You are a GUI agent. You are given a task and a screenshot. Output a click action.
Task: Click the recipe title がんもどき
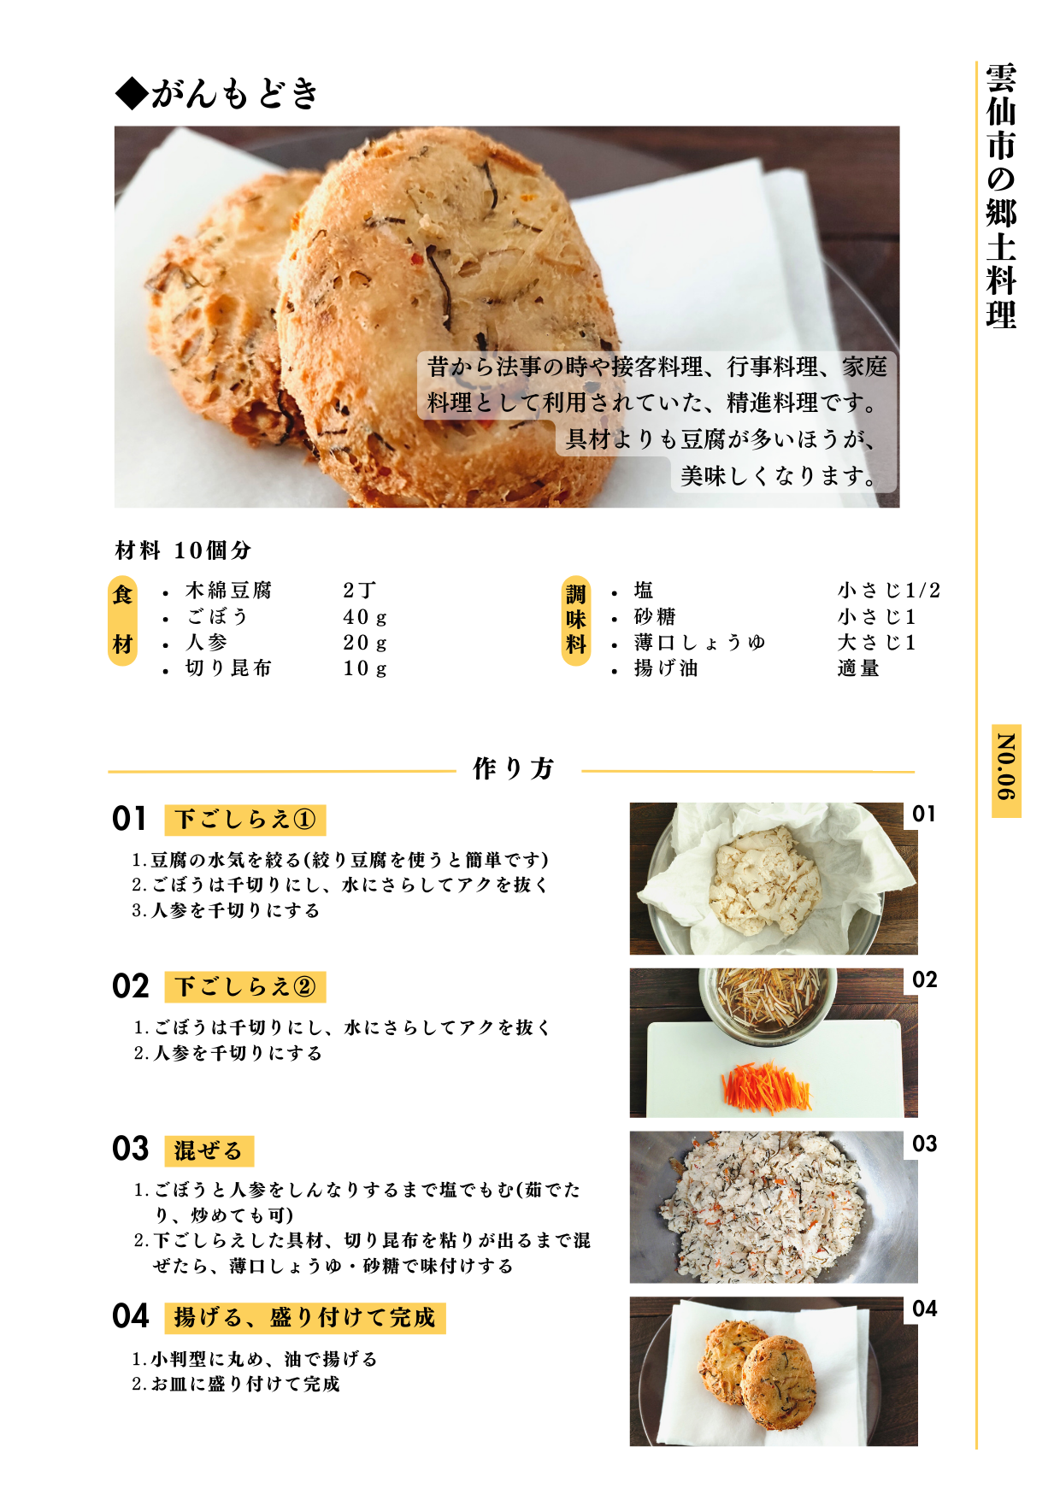[235, 93]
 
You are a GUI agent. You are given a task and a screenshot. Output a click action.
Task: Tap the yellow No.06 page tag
[1006, 771]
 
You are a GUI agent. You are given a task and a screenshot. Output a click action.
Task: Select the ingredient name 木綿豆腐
[228, 591]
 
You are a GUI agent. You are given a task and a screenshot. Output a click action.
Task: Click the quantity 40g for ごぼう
[365, 617]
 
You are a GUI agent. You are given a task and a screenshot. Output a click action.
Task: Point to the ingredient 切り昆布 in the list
[228, 668]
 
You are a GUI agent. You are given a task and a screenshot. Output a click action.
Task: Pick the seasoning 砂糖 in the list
[655, 617]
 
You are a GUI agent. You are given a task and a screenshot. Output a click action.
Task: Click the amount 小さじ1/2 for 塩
[889, 591]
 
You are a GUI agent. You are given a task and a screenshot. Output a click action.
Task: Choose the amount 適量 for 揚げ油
[858, 668]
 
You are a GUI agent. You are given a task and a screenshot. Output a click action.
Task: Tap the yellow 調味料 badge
[576, 621]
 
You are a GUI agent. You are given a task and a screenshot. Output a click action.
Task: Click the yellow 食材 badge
[123, 621]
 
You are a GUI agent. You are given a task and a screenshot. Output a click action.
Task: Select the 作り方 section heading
[514, 768]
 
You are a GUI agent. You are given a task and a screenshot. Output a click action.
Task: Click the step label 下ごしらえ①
[245, 820]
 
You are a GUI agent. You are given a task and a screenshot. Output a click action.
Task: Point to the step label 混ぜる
[209, 1150]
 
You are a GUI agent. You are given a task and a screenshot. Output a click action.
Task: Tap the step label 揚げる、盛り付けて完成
[305, 1318]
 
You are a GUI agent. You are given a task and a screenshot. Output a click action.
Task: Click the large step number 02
[130, 986]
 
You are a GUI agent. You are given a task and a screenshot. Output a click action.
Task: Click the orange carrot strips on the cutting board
[766, 1087]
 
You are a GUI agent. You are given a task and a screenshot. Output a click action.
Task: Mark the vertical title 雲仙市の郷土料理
[1001, 196]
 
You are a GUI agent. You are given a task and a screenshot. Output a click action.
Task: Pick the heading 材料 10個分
[183, 550]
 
